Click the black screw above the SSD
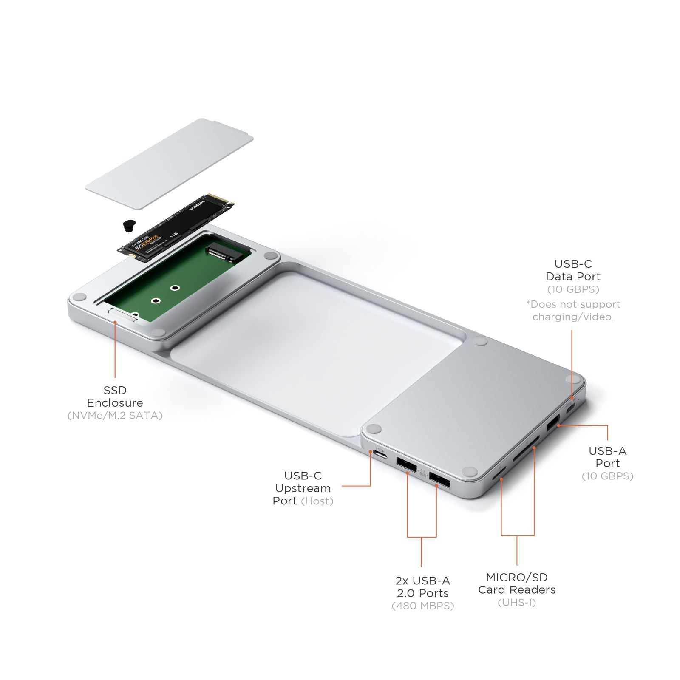[127, 226]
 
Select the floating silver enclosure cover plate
[169, 164]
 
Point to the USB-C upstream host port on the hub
[380, 457]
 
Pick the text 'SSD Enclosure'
[115, 396]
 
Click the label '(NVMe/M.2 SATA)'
[115, 415]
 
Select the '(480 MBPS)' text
[422, 606]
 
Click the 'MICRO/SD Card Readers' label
[517, 583]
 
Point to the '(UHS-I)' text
[517, 602]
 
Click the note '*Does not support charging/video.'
[573, 310]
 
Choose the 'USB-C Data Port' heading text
[573, 270]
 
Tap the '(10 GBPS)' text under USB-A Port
[607, 476]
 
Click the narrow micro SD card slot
[499, 473]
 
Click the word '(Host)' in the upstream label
[317, 501]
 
